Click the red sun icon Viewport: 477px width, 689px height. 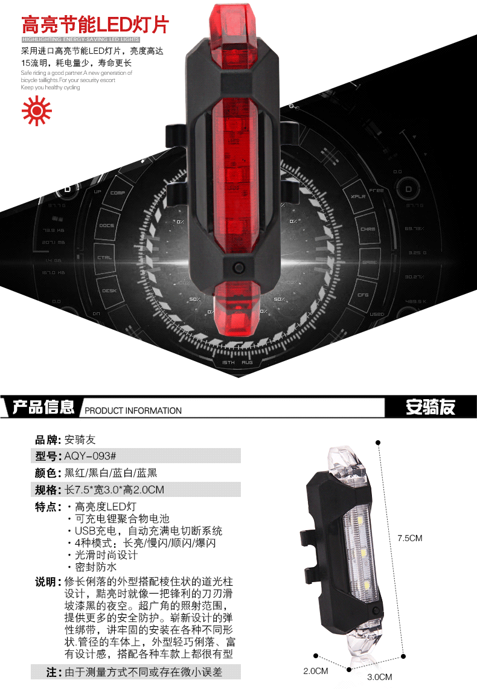36,110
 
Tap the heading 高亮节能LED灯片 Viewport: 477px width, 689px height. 95,25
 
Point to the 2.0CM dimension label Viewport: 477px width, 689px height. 315,671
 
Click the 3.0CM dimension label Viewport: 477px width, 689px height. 380,677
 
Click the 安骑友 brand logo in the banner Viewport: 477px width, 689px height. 430,408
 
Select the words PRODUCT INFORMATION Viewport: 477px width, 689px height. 133,411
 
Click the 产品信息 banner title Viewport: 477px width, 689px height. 43,407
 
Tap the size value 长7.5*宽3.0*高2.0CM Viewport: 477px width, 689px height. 115,489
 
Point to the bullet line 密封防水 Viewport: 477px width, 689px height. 95,567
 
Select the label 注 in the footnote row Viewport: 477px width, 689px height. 52,671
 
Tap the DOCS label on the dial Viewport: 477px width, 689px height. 107,225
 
